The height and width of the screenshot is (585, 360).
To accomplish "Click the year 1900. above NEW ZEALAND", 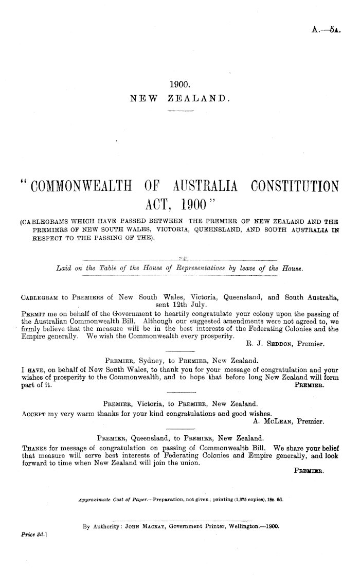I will pos(179,84).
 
